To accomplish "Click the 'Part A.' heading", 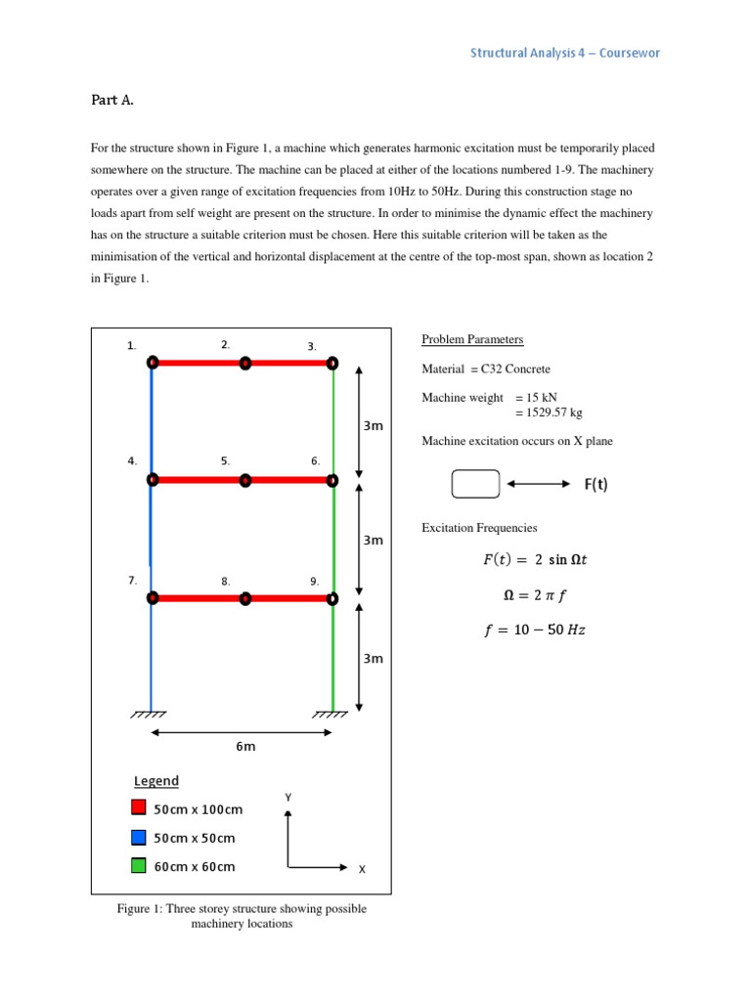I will point(115,100).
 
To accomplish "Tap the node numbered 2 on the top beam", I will point(245,363).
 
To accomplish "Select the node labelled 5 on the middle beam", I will point(245,480).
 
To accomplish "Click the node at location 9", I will point(332,597).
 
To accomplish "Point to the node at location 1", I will point(153,363).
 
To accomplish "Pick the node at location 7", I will point(153,597).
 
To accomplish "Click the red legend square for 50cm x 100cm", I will point(138,808).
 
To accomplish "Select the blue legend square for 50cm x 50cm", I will point(138,838).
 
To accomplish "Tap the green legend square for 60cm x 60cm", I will point(138,866).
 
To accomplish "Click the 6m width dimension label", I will point(245,747).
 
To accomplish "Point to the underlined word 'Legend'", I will point(156,781).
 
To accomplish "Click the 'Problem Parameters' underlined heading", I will point(472,339).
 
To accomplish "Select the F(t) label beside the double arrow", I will point(596,484).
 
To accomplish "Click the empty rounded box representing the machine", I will point(476,484).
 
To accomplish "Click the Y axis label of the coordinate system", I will point(287,798).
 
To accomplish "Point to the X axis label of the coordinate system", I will point(362,868).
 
